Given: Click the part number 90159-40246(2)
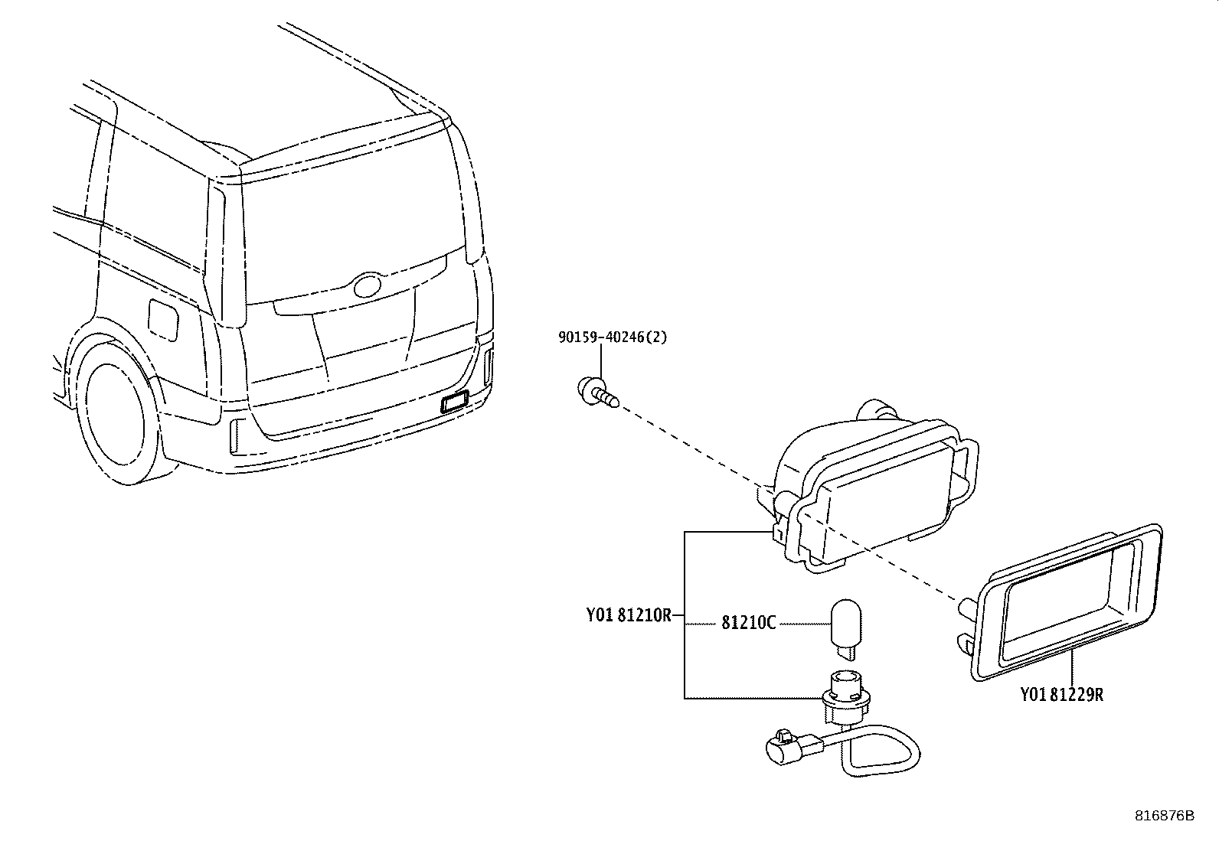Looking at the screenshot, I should [612, 337].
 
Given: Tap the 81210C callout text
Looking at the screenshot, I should [748, 623].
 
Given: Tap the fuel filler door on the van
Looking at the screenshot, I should [162, 319].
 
